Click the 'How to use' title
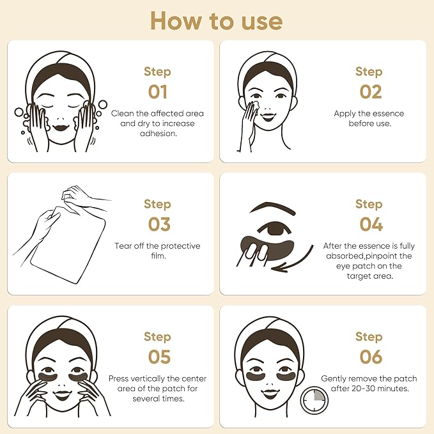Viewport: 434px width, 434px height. point(216,20)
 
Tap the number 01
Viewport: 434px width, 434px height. point(157,91)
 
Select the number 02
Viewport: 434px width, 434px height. point(369,91)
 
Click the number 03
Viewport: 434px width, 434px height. point(157,224)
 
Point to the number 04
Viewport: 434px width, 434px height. point(369,224)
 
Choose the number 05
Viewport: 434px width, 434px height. point(157,357)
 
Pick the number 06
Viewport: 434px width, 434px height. point(369,357)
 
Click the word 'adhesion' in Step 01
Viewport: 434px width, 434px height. point(157,134)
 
